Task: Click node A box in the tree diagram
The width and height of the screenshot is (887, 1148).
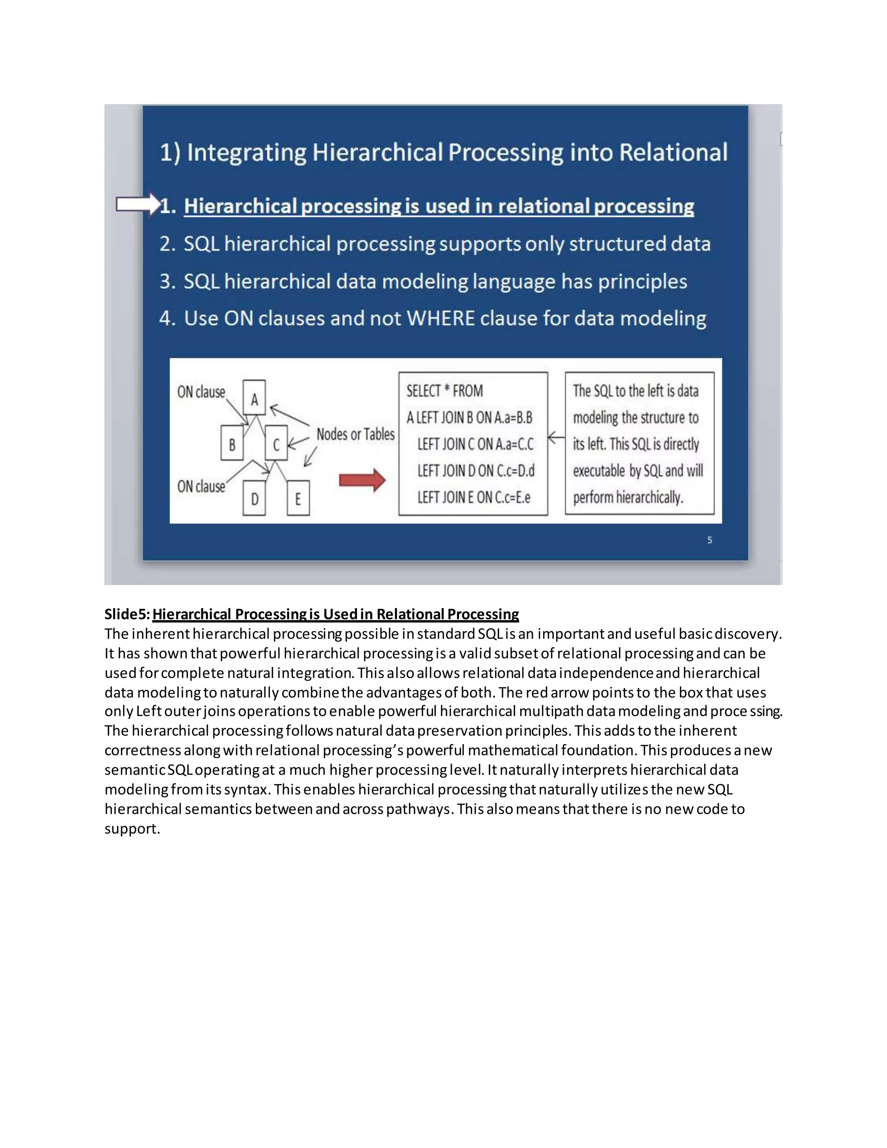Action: (x=254, y=398)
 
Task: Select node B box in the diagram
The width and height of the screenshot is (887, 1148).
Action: (x=232, y=444)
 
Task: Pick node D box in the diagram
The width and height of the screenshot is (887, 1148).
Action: (x=254, y=498)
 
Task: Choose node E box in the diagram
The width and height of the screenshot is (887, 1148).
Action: (x=298, y=498)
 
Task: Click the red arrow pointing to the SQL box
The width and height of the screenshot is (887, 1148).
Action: (x=362, y=480)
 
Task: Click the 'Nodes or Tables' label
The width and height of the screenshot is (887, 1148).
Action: (x=355, y=434)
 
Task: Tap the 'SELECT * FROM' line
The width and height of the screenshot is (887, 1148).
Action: (x=444, y=391)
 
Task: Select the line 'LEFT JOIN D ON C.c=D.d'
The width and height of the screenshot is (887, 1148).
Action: (x=476, y=470)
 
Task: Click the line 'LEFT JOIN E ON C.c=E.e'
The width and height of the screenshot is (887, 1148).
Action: (x=473, y=497)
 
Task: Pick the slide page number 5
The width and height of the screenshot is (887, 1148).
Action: (x=709, y=540)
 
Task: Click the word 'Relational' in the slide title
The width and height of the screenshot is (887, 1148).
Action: (x=673, y=152)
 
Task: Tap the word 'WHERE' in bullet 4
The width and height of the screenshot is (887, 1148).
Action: (x=440, y=318)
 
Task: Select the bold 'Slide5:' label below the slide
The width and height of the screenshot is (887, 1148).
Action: (x=127, y=614)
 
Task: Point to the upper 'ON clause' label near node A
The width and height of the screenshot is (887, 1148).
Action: (x=201, y=392)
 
